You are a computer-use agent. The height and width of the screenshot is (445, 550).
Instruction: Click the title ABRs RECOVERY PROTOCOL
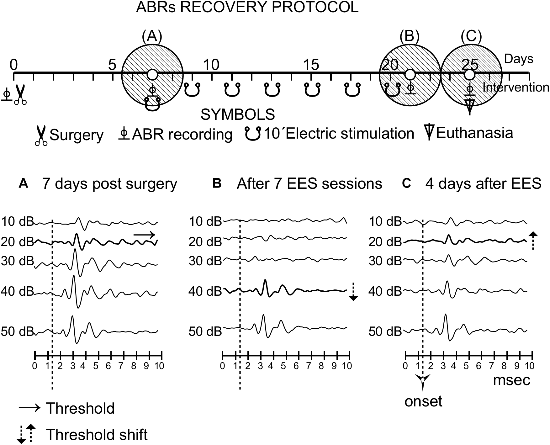(247, 8)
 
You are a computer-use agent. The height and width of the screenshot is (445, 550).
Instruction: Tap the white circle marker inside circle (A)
(152, 75)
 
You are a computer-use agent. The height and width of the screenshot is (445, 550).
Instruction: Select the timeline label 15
(311, 65)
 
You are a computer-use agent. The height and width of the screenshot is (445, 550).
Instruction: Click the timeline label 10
(211, 65)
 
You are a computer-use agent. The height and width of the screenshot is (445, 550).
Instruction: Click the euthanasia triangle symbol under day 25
(469, 107)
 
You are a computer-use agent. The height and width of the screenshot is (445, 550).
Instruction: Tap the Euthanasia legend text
(474, 133)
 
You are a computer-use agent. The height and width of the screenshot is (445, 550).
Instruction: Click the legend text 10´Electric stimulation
(339, 134)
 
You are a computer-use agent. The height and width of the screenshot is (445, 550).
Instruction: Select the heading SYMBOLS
(238, 115)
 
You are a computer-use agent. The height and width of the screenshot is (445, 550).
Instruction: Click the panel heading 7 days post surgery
(110, 184)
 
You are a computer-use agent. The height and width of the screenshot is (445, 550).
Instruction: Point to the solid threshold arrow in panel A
(144, 235)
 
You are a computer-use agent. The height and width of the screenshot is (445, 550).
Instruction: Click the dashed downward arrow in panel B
(353, 292)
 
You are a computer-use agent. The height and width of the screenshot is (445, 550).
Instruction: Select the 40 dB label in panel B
(205, 292)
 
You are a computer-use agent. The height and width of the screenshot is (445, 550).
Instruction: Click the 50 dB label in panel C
(385, 331)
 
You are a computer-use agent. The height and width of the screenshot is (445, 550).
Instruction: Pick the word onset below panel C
(423, 401)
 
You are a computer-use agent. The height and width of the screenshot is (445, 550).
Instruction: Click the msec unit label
(511, 380)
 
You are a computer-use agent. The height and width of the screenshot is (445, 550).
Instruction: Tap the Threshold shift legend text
(97, 435)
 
